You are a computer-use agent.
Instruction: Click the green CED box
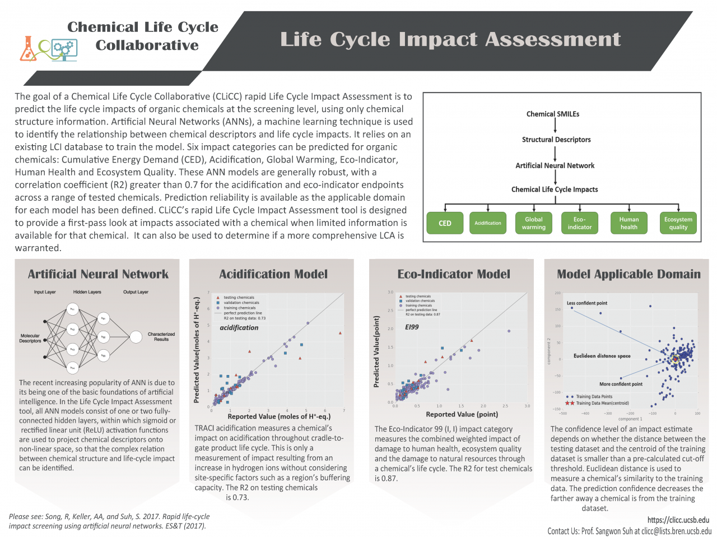point(445,223)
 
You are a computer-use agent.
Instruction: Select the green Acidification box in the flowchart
point(488,223)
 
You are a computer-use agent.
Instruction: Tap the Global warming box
point(533,223)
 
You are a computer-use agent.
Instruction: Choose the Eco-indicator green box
point(579,223)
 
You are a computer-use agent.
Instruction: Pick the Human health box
point(628,223)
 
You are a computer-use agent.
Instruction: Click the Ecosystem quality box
point(678,223)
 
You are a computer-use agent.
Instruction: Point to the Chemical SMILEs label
point(553,114)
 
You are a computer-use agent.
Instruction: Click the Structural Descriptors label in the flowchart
point(556,140)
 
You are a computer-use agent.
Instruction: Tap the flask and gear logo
point(48,49)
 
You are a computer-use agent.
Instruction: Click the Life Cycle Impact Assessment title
point(450,39)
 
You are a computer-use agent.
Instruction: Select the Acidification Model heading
point(273,274)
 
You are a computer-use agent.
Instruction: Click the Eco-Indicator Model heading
point(454,274)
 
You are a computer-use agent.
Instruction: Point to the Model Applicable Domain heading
point(628,274)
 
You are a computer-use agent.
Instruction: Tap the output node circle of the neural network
point(136,337)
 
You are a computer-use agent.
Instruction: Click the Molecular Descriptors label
point(30,338)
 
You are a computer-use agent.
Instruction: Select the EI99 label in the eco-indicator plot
point(412,327)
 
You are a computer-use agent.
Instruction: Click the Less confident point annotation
point(586,303)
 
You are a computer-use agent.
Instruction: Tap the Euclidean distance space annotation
point(602,356)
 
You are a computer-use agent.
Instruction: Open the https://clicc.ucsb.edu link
point(678,520)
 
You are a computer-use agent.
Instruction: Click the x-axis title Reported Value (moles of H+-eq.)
point(279,416)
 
